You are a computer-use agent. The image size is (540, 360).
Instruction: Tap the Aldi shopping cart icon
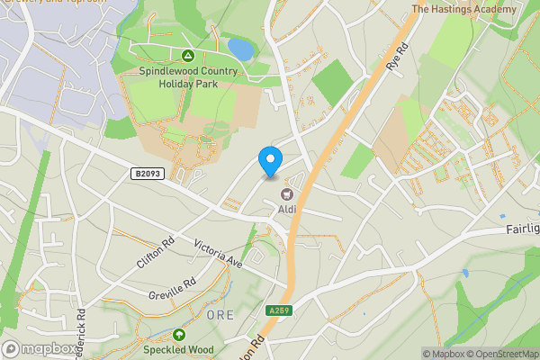pos(287,193)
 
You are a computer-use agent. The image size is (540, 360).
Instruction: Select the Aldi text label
pos(287,210)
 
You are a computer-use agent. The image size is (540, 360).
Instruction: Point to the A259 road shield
pos(279,310)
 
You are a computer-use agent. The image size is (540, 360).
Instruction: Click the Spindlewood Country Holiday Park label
pos(189,78)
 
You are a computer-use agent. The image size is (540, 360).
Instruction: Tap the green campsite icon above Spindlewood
pos(188,56)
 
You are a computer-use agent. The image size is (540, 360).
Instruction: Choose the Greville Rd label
pos(171,289)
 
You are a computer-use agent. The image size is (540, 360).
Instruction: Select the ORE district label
pos(220,315)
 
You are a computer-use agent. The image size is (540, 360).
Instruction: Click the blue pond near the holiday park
pos(240,48)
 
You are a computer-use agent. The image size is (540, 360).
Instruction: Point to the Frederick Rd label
pos(81,333)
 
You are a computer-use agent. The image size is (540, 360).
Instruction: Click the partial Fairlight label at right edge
pos(521,229)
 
